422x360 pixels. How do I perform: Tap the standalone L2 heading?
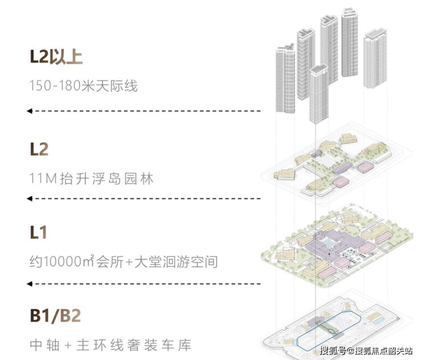click(39, 150)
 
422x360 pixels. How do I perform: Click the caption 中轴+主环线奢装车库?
click(111, 345)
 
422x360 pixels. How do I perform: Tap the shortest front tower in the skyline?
click(319, 94)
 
